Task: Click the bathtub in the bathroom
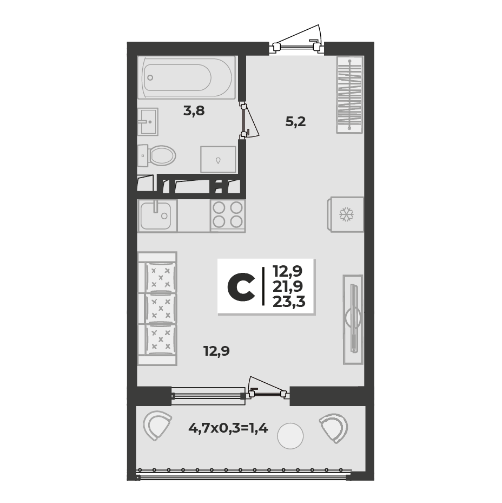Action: pyautogui.click(x=186, y=77)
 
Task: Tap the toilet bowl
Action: pyautogui.click(x=157, y=155)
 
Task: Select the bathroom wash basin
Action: pyautogui.click(x=148, y=121)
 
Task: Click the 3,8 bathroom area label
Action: pyautogui.click(x=194, y=111)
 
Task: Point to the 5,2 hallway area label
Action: pyautogui.click(x=295, y=122)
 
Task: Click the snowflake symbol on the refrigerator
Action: pyautogui.click(x=346, y=214)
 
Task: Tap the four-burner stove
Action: pyautogui.click(x=228, y=215)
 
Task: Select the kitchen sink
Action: pyautogui.click(x=157, y=215)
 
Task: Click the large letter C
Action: pyautogui.click(x=241, y=288)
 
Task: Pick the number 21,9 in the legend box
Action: pyautogui.click(x=288, y=286)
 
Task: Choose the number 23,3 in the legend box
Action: pyautogui.click(x=289, y=302)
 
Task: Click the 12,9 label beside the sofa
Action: pyautogui.click(x=217, y=351)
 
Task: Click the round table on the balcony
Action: pyautogui.click(x=290, y=436)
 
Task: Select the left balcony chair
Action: pyautogui.click(x=157, y=426)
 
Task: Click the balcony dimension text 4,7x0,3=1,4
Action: pyautogui.click(x=228, y=428)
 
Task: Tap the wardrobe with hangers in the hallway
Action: pyautogui.click(x=350, y=95)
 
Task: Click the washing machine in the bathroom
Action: pyautogui.click(x=219, y=159)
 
